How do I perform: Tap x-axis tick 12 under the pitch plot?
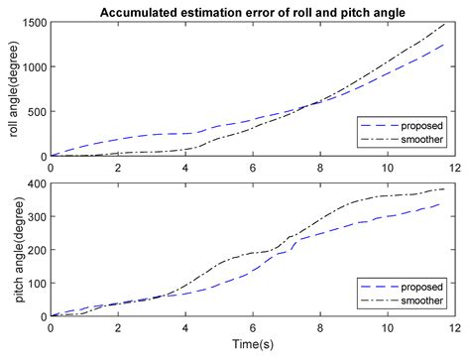point(452,327)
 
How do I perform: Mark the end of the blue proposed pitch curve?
point(440,203)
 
